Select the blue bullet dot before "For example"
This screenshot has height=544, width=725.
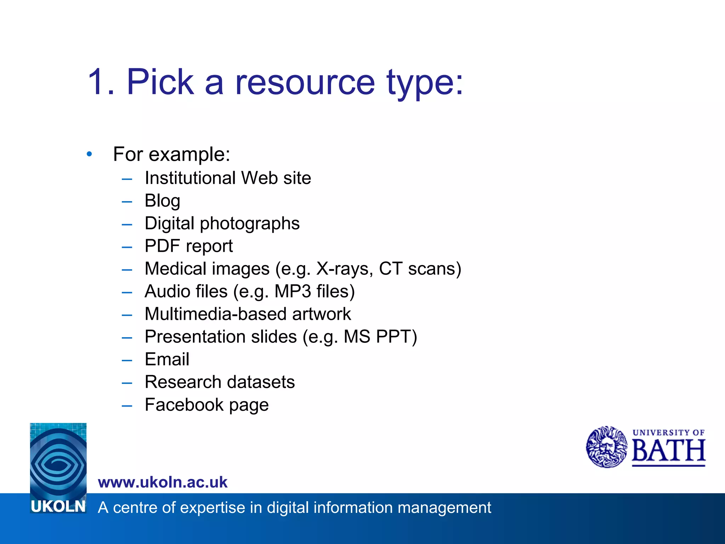click(x=89, y=154)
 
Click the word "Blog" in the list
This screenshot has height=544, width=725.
click(x=162, y=201)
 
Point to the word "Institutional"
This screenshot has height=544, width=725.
click(x=190, y=178)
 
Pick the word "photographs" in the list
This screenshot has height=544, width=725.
click(x=250, y=224)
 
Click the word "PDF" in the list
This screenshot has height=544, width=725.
click(x=162, y=246)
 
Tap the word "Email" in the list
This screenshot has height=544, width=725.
click(x=167, y=359)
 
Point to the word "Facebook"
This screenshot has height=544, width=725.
click(x=184, y=404)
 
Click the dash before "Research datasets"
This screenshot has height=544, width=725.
click(x=127, y=382)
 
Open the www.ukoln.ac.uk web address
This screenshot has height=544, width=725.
click(x=162, y=482)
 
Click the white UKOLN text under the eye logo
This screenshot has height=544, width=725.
click(x=58, y=506)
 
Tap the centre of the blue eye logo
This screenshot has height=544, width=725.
click(x=58, y=460)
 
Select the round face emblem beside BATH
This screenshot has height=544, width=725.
click(x=607, y=447)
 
